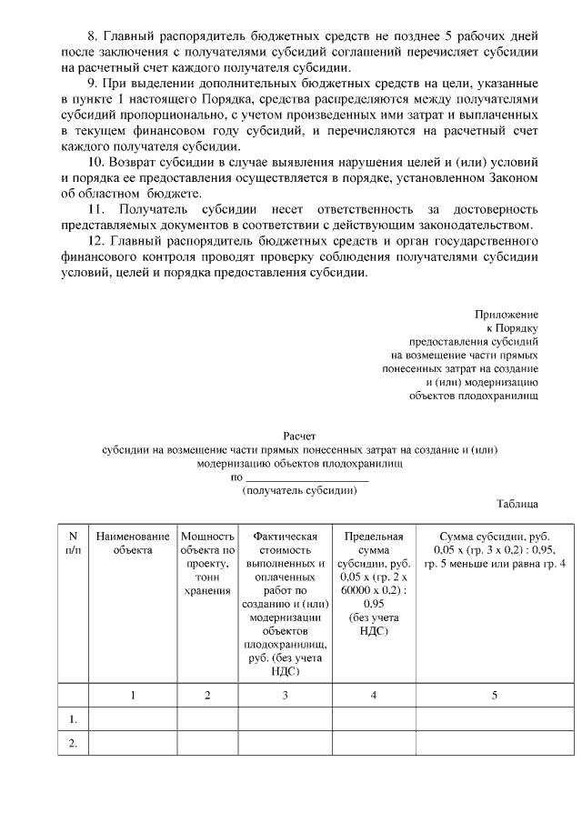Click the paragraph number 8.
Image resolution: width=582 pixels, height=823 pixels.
coord(91,37)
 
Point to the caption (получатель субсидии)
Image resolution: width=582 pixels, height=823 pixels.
coord(299,489)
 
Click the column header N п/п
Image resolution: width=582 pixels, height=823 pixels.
coord(73,543)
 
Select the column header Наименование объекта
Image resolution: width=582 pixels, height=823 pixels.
coord(133,543)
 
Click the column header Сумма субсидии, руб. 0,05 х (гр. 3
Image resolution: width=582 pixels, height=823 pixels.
coord(494,550)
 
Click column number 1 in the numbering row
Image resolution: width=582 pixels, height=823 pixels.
coord(133,695)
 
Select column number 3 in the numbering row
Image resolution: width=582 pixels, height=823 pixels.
coord(285,695)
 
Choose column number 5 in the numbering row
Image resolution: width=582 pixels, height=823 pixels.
coord(494,695)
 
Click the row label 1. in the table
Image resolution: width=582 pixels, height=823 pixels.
coord(73,719)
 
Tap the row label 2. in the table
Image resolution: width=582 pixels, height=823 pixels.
coord(73,743)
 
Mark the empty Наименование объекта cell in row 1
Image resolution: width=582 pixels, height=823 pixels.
coord(133,719)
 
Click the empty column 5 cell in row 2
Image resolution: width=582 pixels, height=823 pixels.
coord(494,743)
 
